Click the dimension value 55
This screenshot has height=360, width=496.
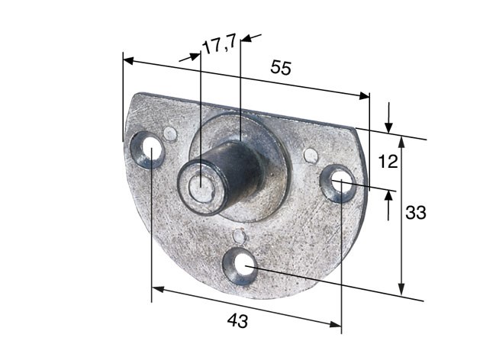(281, 67)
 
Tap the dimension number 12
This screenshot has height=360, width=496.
(388, 162)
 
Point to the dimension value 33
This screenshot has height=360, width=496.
(415, 213)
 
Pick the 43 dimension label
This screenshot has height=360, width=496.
(237, 322)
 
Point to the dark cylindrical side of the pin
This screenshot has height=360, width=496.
(240, 169)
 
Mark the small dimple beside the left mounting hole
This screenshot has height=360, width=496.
(170, 134)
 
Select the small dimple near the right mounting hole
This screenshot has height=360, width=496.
(310, 156)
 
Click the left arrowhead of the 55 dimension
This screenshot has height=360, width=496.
(129, 60)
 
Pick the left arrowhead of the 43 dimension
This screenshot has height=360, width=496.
(157, 289)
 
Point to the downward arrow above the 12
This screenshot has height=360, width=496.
(389, 124)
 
